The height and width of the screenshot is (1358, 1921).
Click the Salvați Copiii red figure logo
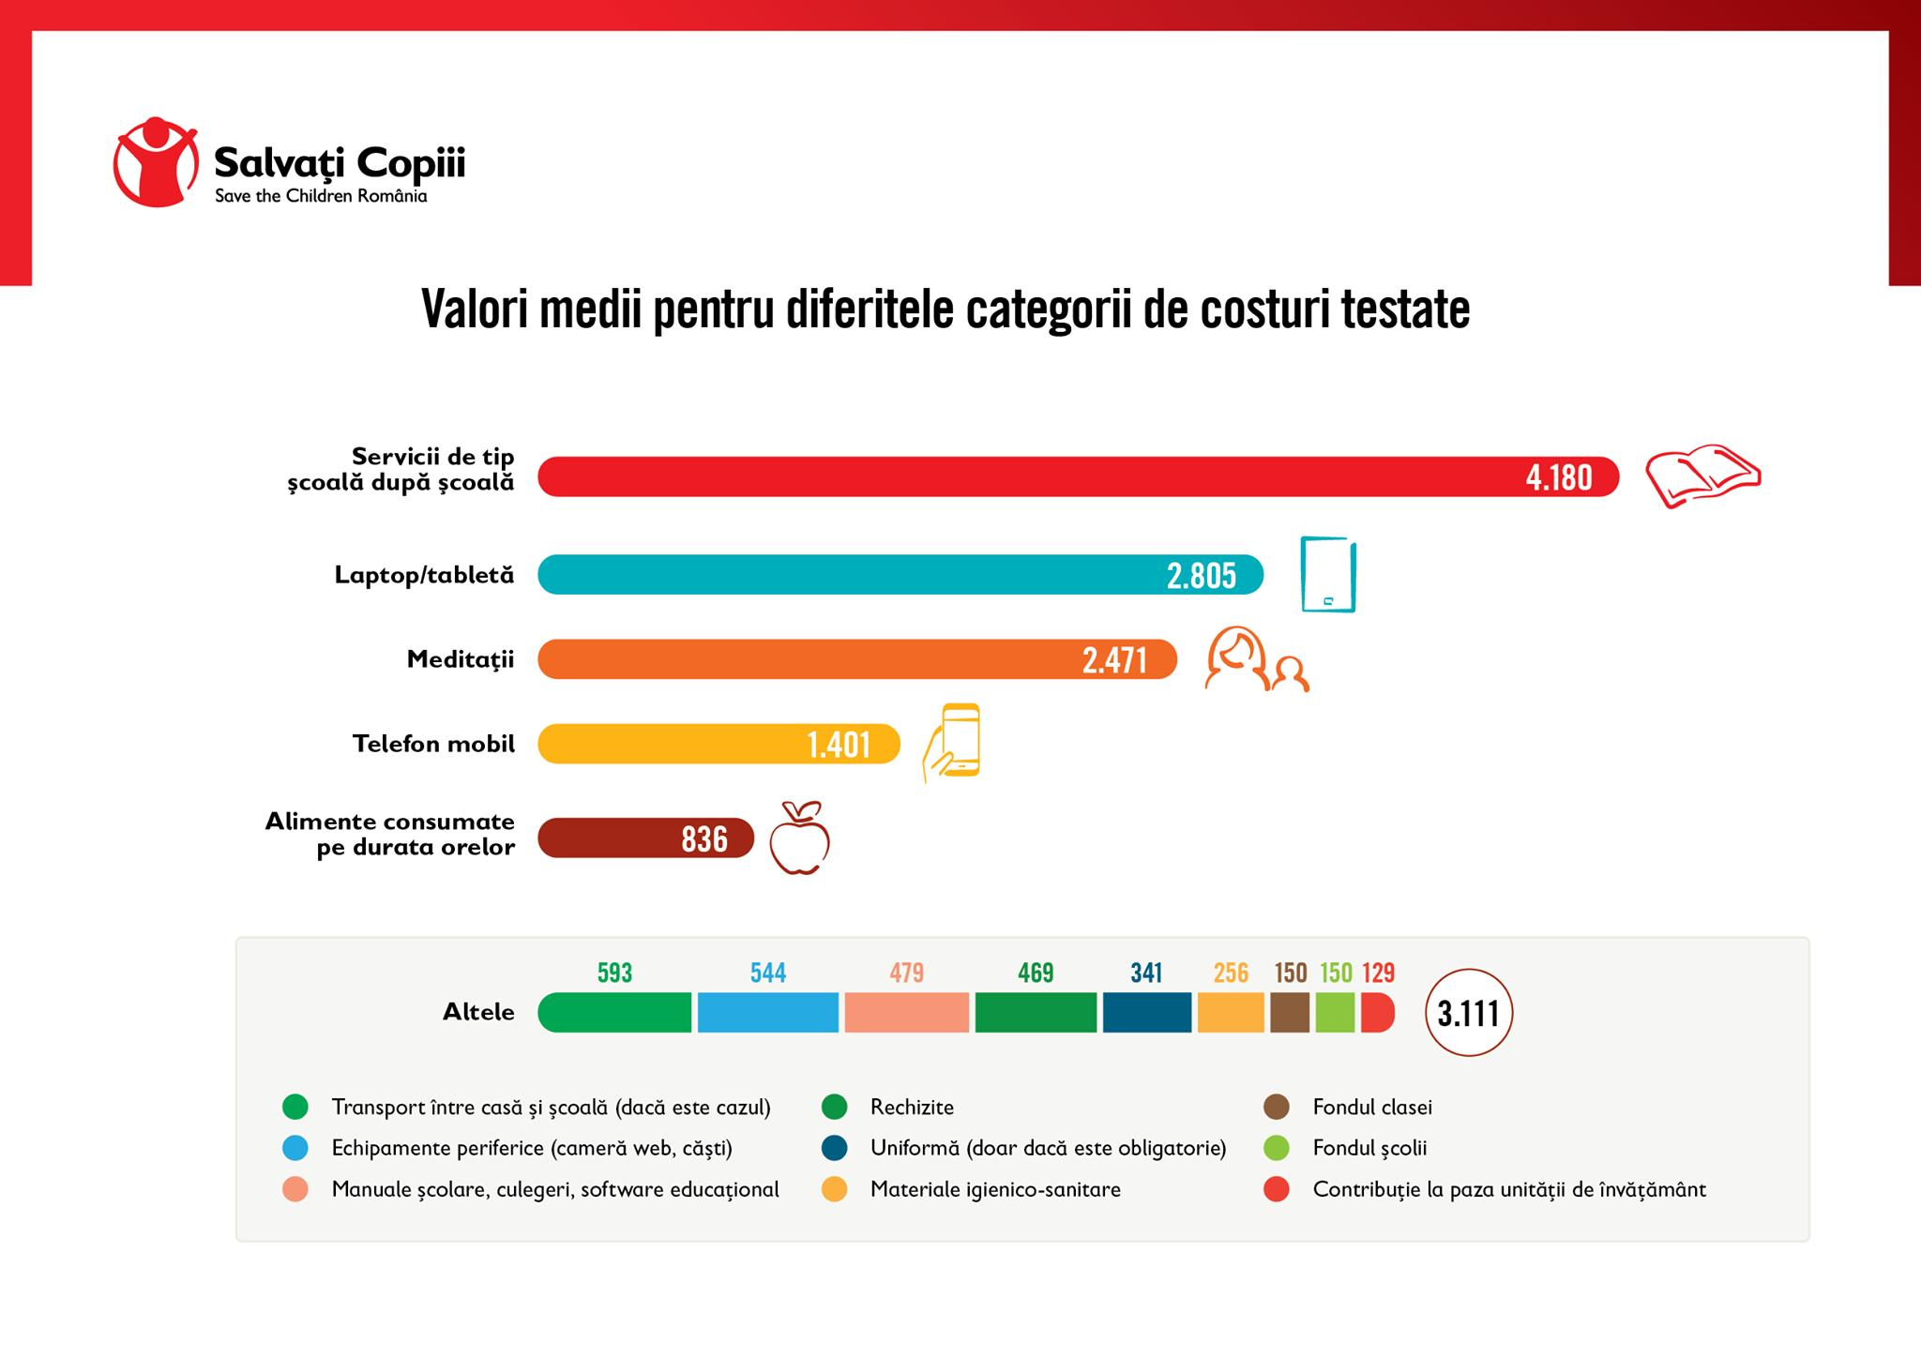[x=156, y=161]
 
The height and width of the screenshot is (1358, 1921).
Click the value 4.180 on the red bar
[x=1558, y=477]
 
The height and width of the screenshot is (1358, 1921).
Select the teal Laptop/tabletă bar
[x=844, y=575]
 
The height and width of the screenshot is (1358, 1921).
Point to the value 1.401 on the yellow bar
[x=839, y=745]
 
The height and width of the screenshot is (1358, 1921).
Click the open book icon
[x=1702, y=475]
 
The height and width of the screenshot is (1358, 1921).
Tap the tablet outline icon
[x=1328, y=574]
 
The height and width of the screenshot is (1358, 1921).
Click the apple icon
[x=799, y=838]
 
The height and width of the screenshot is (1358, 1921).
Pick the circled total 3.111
[x=1468, y=1013]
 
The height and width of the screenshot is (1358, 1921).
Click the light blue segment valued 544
[x=767, y=1013]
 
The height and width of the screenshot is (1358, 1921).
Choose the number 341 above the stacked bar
[x=1146, y=973]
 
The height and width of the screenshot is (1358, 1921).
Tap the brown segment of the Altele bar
[x=1289, y=1013]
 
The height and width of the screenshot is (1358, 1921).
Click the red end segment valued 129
[x=1376, y=1013]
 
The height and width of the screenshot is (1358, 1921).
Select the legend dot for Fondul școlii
[x=1277, y=1148]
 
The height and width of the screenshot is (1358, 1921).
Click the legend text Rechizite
[x=912, y=1108]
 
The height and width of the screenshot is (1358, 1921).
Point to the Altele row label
[x=478, y=1012]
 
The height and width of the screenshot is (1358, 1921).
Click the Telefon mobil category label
[x=433, y=745]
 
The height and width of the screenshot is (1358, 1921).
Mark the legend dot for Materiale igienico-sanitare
[x=834, y=1189]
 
